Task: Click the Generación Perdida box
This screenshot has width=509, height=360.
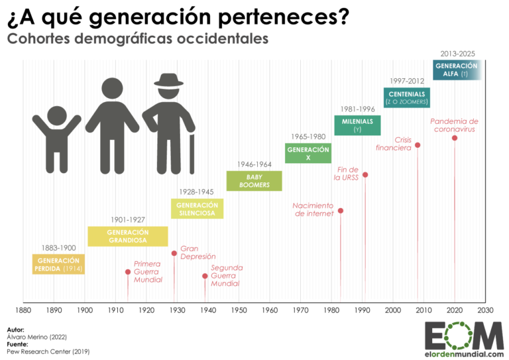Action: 58,265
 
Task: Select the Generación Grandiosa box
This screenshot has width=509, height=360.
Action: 127,237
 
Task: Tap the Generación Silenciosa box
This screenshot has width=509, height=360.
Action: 198,209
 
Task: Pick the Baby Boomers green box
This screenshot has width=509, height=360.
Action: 254,181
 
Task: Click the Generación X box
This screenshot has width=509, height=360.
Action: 308,153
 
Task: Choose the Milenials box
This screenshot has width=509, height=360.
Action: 357,125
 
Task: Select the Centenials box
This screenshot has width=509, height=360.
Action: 407,97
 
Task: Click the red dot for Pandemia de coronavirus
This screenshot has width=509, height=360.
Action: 455,138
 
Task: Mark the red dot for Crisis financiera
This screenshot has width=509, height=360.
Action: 418,145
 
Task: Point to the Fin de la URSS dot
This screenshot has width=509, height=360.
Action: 365,175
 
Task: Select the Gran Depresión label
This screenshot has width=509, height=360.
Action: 198,253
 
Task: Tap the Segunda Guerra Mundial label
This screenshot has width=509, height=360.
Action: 227,276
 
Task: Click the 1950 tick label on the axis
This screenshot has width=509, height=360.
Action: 239,310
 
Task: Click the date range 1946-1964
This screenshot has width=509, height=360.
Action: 254,164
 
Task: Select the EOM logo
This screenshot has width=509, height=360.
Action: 463,338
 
